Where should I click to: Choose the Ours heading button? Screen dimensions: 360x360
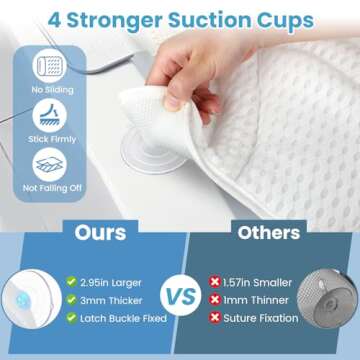point(101,233)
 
